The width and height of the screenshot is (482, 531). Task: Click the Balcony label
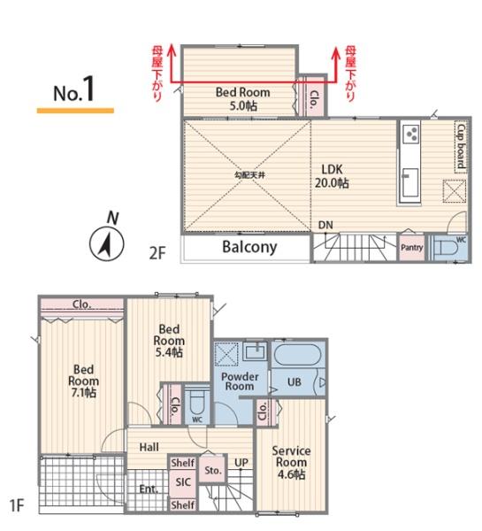point(249,248)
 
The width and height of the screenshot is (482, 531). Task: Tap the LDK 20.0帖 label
point(332,176)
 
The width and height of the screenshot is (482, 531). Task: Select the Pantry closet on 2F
point(411,248)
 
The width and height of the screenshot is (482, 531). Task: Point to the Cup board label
point(461,146)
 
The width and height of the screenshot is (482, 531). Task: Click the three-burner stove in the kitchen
point(411,134)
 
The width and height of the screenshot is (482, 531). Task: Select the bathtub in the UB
point(297,355)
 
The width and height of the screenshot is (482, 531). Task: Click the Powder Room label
point(240,381)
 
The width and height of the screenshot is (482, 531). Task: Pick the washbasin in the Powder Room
point(255,351)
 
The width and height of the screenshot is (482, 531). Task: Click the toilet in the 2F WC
point(446,248)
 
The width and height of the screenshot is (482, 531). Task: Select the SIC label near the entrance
point(183,482)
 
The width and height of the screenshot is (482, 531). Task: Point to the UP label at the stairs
point(241,463)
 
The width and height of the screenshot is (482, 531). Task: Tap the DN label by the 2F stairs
point(325,225)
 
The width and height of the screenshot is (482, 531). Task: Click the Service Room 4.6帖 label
point(291,463)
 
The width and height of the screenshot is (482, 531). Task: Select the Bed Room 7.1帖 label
point(83,381)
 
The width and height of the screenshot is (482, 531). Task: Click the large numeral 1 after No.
point(88,88)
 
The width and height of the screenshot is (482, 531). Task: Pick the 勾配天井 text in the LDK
point(249,175)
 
